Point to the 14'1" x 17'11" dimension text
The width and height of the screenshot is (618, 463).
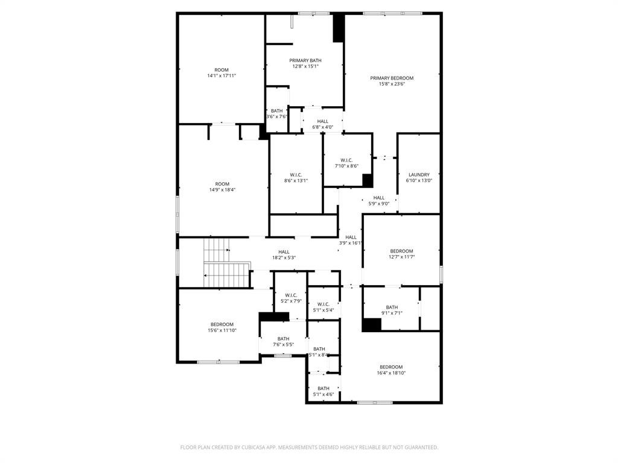221,76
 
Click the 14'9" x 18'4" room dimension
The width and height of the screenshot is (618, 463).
222,190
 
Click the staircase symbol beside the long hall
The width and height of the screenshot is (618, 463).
226,263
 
